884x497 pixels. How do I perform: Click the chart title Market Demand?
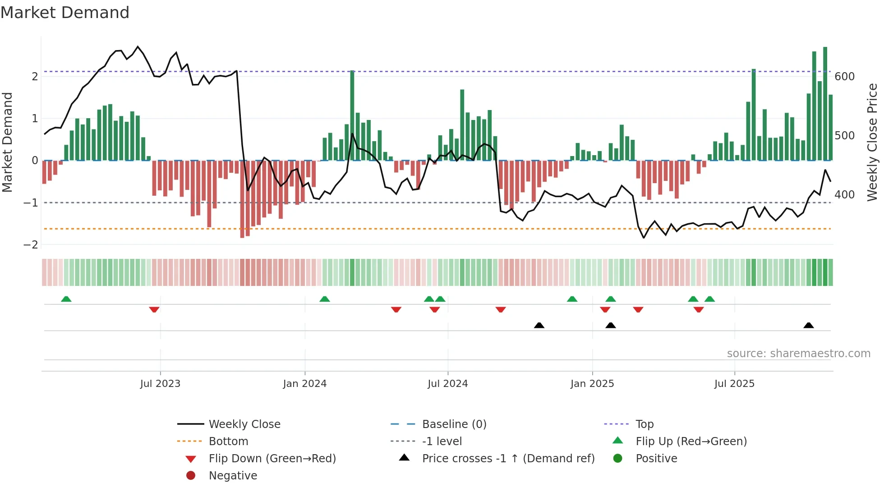pos(65,13)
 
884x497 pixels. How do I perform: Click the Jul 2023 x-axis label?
pos(160,384)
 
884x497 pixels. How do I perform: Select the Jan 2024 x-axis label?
pos(304,384)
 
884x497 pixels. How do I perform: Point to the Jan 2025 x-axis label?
pos(592,384)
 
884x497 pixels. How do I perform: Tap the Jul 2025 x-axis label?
pos(734,384)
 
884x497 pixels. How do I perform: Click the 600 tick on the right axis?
pos(844,77)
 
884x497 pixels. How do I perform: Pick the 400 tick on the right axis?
pos(844,195)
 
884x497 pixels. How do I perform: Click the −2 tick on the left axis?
pos(31,245)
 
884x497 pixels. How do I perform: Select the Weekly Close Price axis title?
pos(872,142)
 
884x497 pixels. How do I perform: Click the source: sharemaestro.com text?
pos(798,354)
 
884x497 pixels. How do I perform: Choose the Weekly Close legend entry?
pos(244,424)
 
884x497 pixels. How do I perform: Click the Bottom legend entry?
pos(228,442)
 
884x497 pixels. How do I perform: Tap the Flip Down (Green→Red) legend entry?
pos(272,459)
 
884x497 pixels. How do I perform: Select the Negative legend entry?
pos(233,476)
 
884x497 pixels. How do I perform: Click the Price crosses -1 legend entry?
pos(508,459)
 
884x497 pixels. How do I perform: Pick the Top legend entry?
pos(645,424)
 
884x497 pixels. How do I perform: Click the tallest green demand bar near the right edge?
pos(825,104)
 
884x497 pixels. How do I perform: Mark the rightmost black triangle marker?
pos(808,325)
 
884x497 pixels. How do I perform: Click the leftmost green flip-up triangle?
pos(66,299)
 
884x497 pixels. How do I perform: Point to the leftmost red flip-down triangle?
pos(154,309)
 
